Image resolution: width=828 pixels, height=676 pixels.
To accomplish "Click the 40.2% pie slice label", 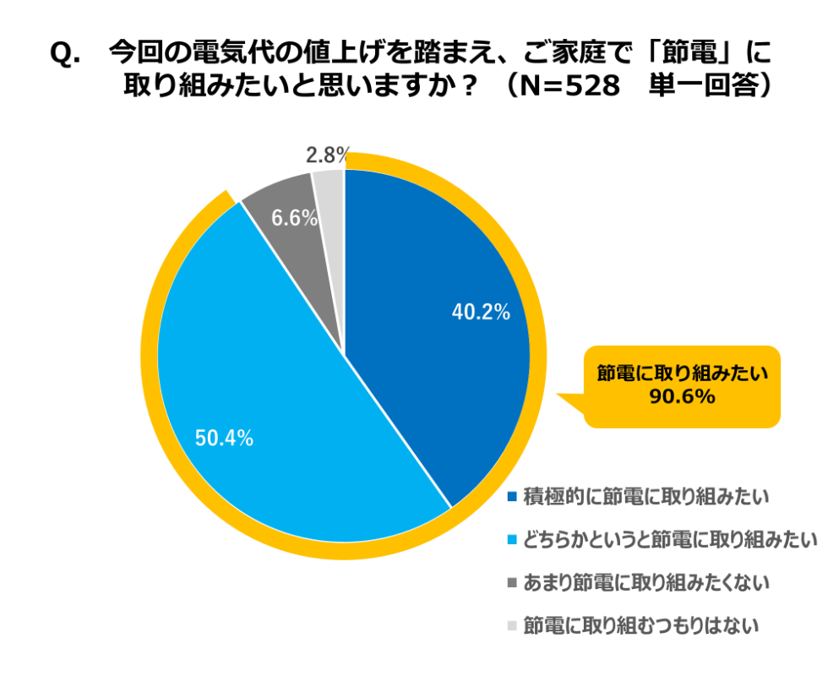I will (x=481, y=313).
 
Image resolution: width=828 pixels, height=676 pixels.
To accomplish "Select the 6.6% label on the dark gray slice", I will (x=294, y=218).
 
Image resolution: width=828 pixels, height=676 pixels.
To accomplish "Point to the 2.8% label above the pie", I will (x=327, y=155).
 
